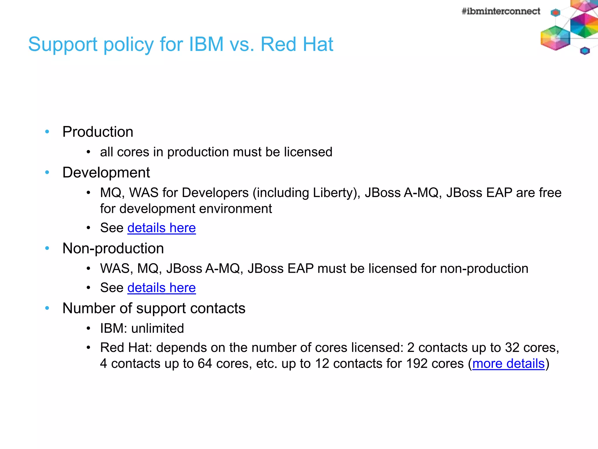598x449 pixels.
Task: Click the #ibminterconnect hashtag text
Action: click(500, 11)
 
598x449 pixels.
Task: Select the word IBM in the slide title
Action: click(206, 44)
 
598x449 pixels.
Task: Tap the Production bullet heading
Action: click(98, 132)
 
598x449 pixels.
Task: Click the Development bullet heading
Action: click(106, 172)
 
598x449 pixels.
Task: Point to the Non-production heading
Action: click(113, 248)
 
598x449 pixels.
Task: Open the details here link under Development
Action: click(161, 228)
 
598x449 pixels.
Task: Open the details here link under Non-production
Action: click(161, 288)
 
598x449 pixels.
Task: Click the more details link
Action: click(508, 364)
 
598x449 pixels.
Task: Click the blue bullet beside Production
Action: click(47, 132)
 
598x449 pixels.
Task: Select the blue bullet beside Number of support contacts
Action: click(47, 308)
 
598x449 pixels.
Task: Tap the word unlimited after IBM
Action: click(157, 329)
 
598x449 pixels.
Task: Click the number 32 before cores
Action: click(512, 348)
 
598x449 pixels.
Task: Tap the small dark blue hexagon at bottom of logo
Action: click(585, 51)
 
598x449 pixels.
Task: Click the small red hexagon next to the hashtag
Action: click(555, 13)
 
